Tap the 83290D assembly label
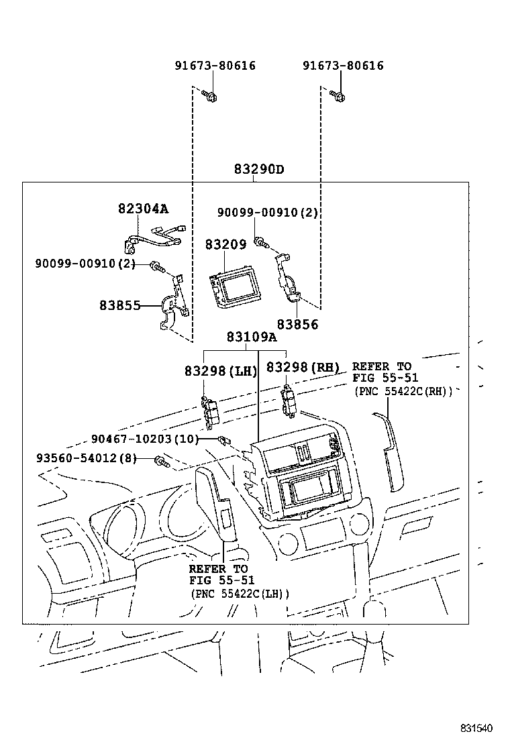click(x=258, y=169)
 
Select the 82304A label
click(x=144, y=209)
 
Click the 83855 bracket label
click(x=120, y=305)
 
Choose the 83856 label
click(x=298, y=325)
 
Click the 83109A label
click(x=251, y=337)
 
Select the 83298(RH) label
click(x=304, y=367)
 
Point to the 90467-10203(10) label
click(x=145, y=439)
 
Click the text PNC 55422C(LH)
click(x=240, y=594)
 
